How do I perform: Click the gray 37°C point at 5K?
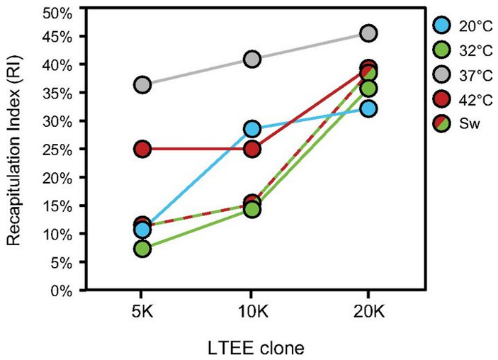pos(142,85)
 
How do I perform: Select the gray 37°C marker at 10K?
pos(252,60)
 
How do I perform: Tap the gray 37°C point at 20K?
pos(368,33)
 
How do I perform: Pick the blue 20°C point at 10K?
pos(252,129)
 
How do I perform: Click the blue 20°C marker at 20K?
pos(368,108)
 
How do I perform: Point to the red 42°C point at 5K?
pos(142,149)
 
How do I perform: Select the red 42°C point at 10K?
pos(252,149)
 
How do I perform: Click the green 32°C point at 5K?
pos(142,249)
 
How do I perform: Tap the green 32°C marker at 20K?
pos(368,88)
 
